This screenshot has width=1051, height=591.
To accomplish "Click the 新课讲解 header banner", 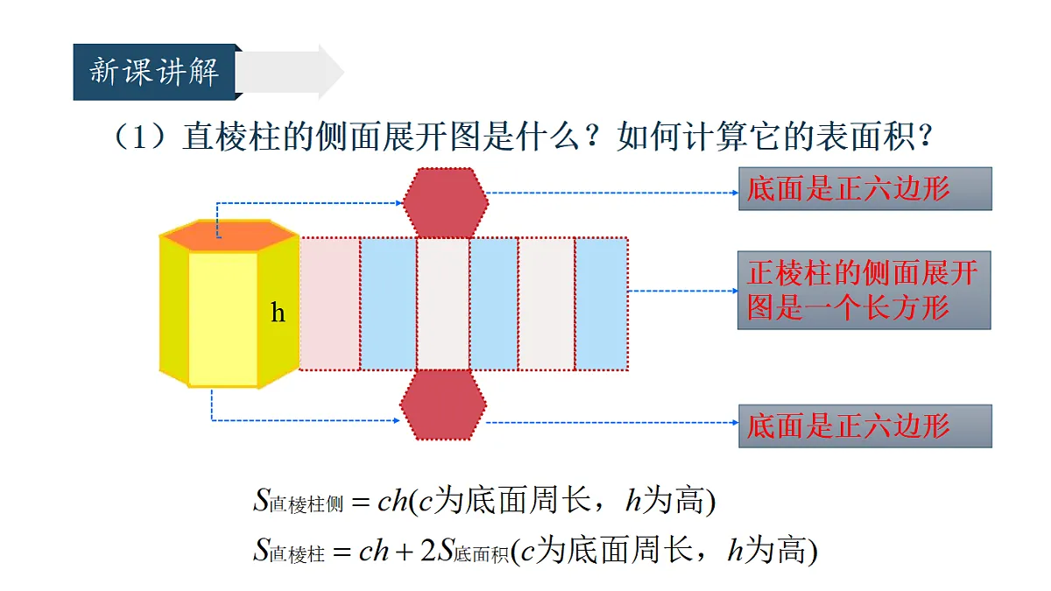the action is coord(155,72).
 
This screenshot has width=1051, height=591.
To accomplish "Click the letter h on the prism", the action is coord(278,312).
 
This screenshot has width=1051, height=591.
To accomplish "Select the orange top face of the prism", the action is coord(229,236).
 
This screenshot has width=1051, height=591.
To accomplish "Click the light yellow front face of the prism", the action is coord(222,319).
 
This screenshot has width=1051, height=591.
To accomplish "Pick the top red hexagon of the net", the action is coord(445,202).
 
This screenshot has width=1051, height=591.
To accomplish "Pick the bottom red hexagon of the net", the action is coord(443,405).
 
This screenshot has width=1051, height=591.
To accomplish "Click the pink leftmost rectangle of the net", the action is coord(330,304).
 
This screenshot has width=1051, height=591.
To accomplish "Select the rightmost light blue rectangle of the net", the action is coord(602,304).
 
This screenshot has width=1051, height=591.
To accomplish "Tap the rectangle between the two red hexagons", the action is coord(443,304).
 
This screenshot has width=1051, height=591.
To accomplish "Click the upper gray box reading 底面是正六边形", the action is coord(865,188).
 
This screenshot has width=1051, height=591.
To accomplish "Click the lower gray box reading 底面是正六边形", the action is coord(865,426).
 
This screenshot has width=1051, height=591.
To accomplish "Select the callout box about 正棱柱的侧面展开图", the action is coord(864,291).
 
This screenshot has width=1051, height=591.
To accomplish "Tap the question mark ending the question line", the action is coord(926,136).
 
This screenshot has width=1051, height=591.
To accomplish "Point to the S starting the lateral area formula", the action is coord(262,499).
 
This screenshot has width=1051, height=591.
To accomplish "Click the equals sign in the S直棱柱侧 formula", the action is coord(361,503).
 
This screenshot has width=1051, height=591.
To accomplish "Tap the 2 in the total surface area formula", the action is coord(428,550).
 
